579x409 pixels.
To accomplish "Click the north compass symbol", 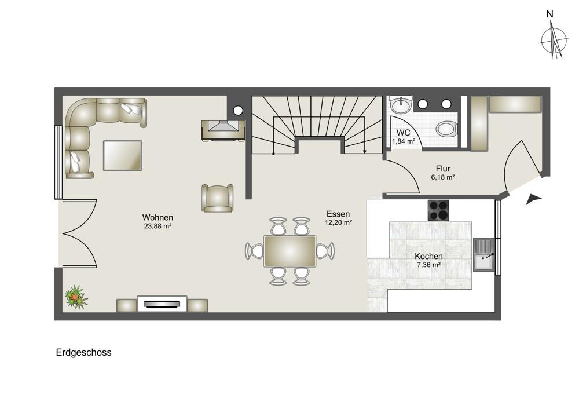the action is tap(553, 39).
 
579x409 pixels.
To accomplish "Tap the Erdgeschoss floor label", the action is tap(84, 352).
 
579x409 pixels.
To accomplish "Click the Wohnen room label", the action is tap(157, 218).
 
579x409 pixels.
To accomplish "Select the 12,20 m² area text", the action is tap(338, 222).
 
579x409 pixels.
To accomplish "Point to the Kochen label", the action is tap(428, 256).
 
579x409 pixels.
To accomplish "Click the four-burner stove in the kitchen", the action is tap(438, 210).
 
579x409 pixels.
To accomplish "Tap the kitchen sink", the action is tap(484, 255).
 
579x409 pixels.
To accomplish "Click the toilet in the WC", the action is tap(447, 129).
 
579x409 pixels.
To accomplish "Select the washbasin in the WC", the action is tap(401, 105).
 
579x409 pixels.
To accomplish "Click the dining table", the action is tap(290, 251).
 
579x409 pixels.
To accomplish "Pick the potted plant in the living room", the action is tap(76, 297).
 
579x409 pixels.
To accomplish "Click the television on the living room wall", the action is tap(162, 304).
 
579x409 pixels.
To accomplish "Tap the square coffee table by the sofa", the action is tap(123, 155).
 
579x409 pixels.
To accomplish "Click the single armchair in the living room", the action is tap(218, 198).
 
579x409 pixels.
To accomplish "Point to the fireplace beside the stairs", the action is tap(223, 130).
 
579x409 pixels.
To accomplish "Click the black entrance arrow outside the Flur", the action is tap(533, 199).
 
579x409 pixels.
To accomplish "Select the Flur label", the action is tap(443, 169).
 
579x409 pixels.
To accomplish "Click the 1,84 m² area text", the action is tap(404, 141).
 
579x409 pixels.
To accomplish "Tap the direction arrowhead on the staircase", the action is tap(365, 151).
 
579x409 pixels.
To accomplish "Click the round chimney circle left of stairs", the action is tap(238, 109).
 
